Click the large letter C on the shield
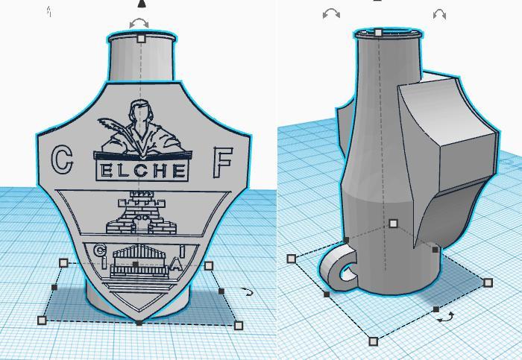click(x=63, y=159)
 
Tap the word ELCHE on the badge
click(x=142, y=171)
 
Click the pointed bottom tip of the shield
click(x=139, y=320)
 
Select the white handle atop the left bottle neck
click(x=141, y=38)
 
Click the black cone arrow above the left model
click(x=142, y=4)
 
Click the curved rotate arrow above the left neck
click(x=139, y=24)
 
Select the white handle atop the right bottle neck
click(x=379, y=33)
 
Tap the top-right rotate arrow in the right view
click(x=439, y=14)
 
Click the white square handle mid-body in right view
click(x=393, y=223)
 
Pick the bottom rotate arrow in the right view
click(x=445, y=317)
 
